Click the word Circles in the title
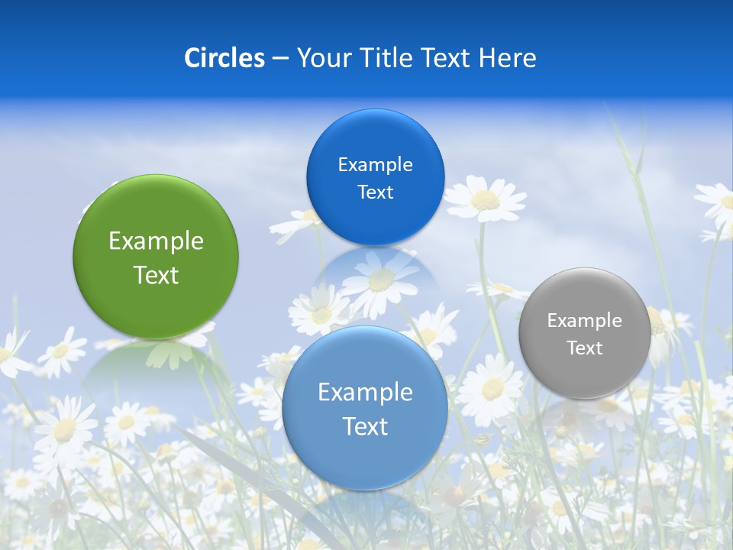(x=224, y=58)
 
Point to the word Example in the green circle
(x=156, y=241)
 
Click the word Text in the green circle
(x=156, y=275)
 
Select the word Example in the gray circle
(x=585, y=321)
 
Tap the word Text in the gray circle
(x=585, y=348)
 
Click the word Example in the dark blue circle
(x=375, y=165)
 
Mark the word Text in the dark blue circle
(x=375, y=192)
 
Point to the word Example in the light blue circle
(x=365, y=393)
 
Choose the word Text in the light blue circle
(x=365, y=426)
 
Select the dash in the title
(x=280, y=58)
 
